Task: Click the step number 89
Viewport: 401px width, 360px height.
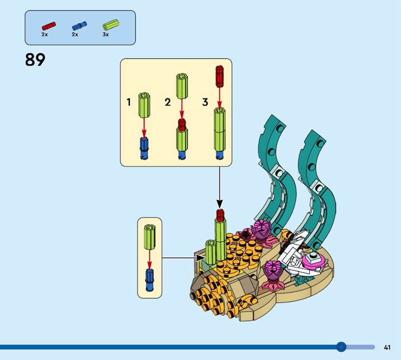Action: point(35,60)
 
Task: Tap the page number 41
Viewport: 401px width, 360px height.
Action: point(387,347)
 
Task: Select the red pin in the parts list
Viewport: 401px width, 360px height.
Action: point(49,25)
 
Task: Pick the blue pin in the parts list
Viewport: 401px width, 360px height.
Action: point(79,25)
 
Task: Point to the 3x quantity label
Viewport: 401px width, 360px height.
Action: point(105,35)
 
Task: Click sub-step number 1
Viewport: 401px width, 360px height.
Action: point(129,102)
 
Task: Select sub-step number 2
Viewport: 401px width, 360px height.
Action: point(167,102)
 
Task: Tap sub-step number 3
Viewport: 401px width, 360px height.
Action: point(205,102)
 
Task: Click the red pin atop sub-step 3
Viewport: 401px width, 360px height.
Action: point(219,75)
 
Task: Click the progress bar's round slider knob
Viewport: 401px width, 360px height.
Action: point(341,347)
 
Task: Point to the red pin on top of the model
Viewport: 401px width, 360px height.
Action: point(219,214)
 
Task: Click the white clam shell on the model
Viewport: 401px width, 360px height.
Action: point(296,248)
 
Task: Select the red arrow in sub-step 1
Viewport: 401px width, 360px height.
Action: point(144,125)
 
